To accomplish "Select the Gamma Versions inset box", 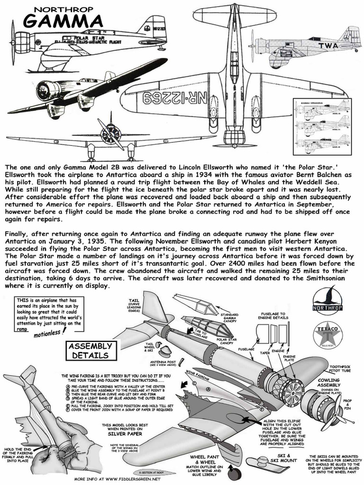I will pos(322,126).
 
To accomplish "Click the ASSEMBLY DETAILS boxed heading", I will pos(90,350).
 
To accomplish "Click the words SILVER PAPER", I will pos(122,433).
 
